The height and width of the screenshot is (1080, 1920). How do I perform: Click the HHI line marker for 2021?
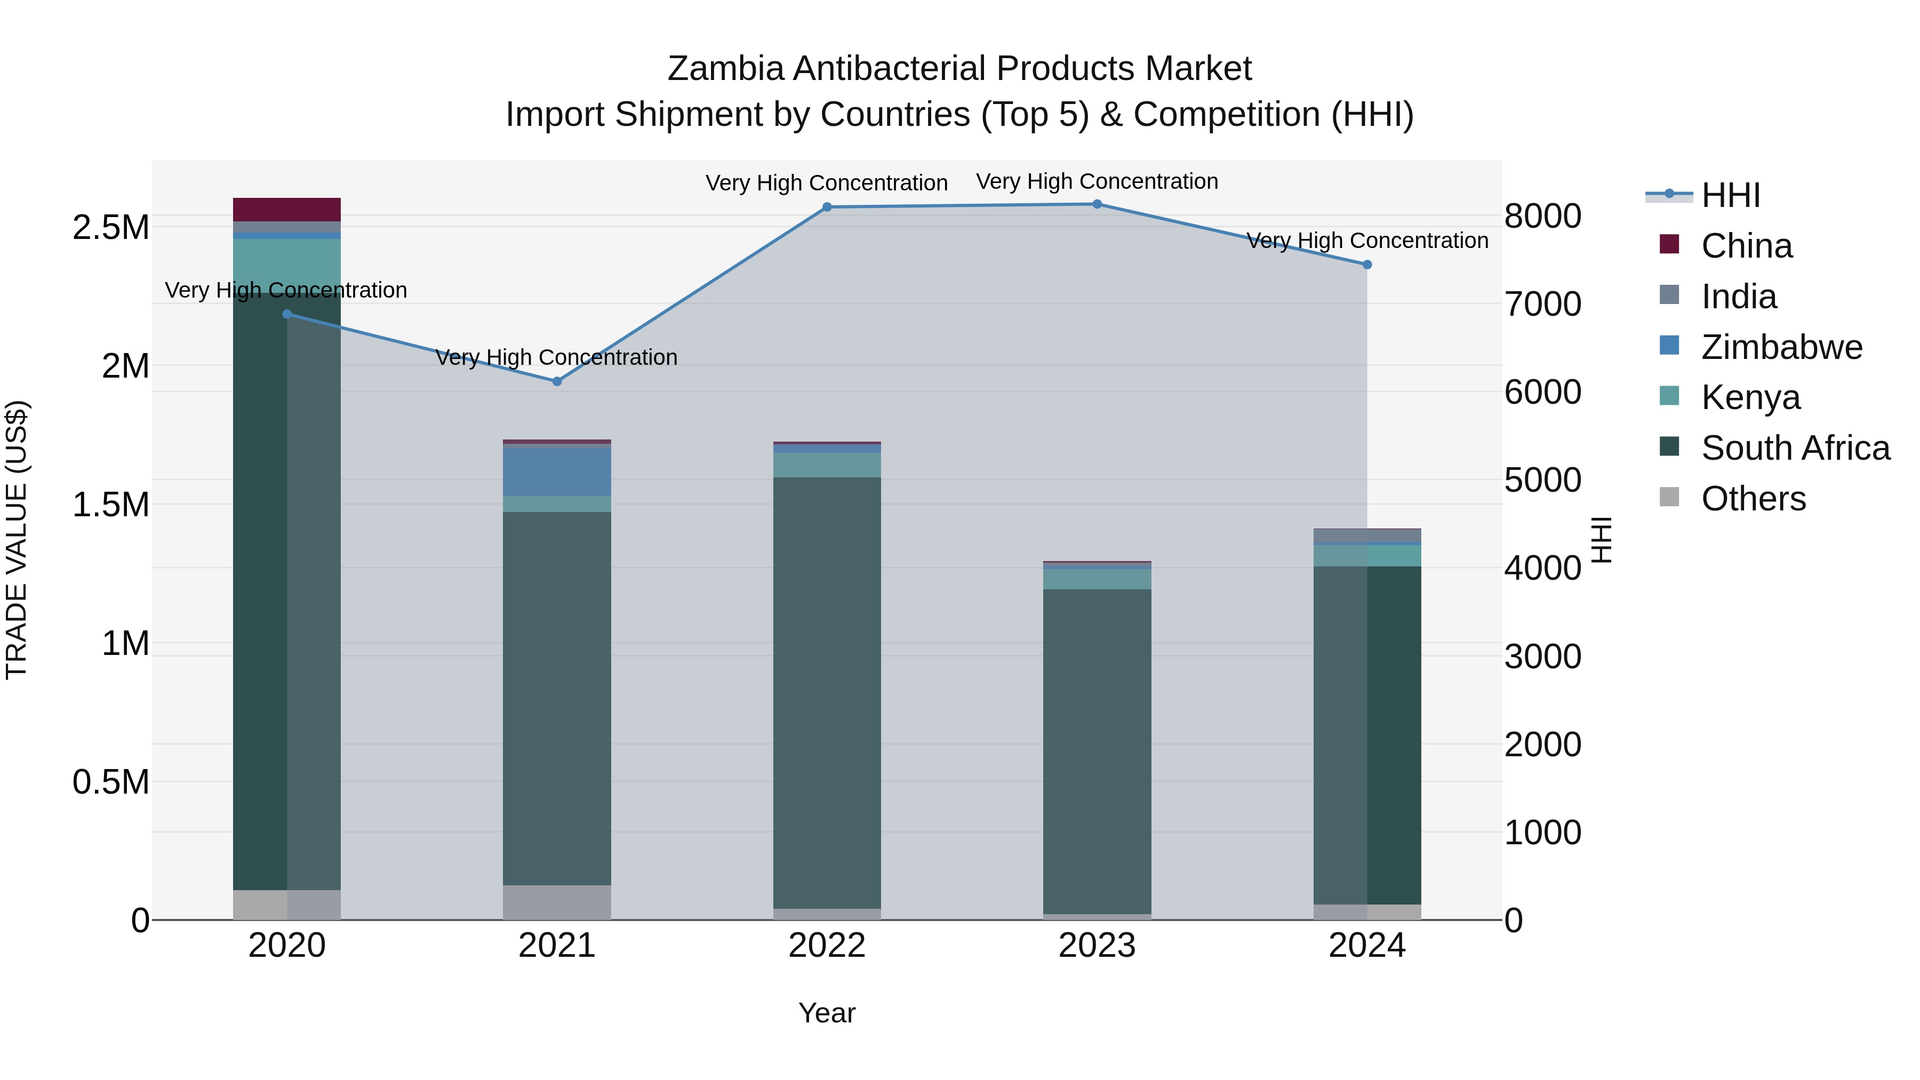pos(557,381)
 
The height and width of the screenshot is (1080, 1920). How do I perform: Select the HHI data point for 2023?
pos(1097,204)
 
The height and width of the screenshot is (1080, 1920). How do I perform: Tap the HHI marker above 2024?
pos(1367,265)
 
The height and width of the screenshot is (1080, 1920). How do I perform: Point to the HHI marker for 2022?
pos(827,207)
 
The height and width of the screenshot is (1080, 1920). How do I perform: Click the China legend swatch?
pos(1669,244)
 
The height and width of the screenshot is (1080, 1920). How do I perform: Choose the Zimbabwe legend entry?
pos(1781,347)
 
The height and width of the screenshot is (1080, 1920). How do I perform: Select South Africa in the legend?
pos(1795,448)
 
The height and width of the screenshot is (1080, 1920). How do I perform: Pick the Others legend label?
pos(1753,499)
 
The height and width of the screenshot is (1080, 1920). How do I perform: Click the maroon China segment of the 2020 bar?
pos(287,210)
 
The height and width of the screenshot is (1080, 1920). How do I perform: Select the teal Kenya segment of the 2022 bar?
pos(827,465)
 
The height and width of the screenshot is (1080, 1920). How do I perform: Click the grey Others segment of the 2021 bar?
pos(557,902)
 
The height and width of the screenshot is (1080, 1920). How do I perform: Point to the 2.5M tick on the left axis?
pos(111,227)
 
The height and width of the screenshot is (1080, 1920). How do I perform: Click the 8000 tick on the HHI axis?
pos(1542,216)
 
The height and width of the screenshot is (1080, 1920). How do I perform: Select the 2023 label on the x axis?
pos(1097,946)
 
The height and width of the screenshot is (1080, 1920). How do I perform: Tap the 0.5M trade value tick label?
pos(111,782)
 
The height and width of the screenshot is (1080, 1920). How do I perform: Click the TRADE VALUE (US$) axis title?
pos(17,540)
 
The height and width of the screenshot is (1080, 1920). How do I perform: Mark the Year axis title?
pos(827,1013)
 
